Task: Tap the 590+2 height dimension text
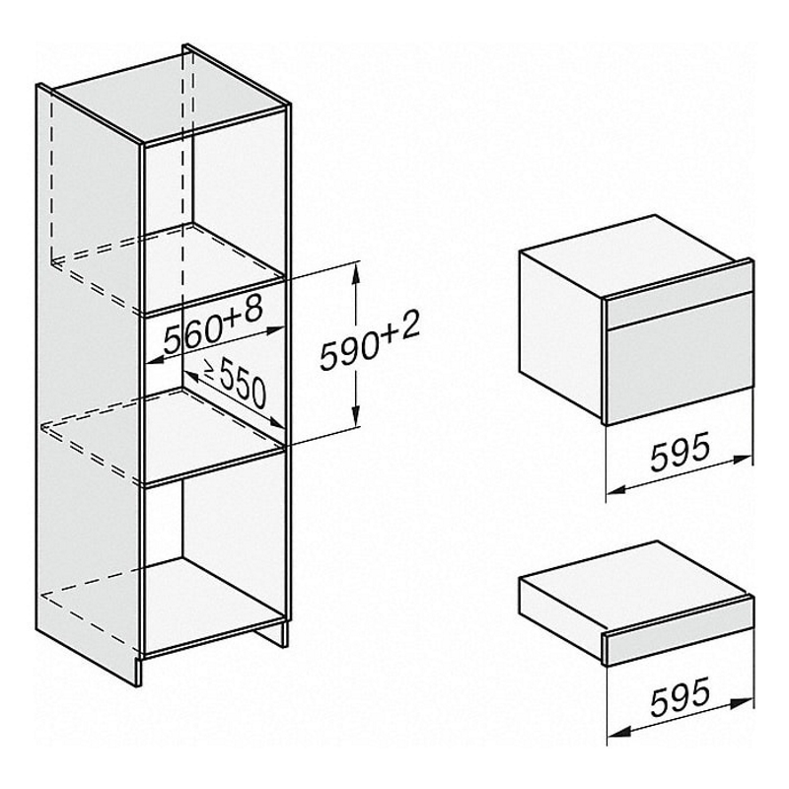370,340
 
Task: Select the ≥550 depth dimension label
235,383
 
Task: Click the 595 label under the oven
680,452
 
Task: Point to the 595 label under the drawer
680,696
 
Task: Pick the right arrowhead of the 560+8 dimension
277,330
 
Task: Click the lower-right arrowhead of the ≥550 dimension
277,423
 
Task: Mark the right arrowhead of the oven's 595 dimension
744,460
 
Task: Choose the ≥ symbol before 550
210,371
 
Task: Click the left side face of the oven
561,333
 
